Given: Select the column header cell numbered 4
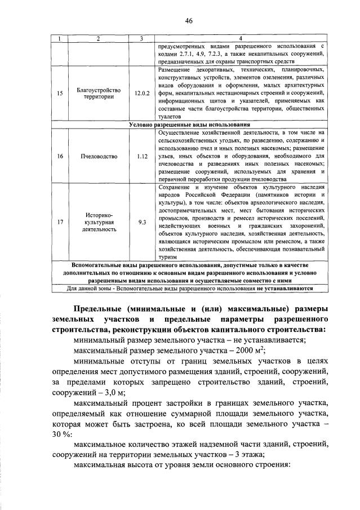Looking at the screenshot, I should pyautogui.click(x=241, y=38).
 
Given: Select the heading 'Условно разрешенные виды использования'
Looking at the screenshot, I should pyautogui.click(x=189, y=125).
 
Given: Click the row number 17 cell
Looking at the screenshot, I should pyautogui.click(x=60, y=222).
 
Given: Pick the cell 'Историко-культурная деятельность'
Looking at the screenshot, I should pyautogui.click(x=98, y=222).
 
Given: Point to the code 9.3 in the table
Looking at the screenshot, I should pyautogui.click(x=142, y=222).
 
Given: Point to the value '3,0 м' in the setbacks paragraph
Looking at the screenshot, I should pyautogui.click(x=113, y=392).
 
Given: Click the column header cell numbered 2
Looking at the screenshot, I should pyautogui.click(x=98, y=38).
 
